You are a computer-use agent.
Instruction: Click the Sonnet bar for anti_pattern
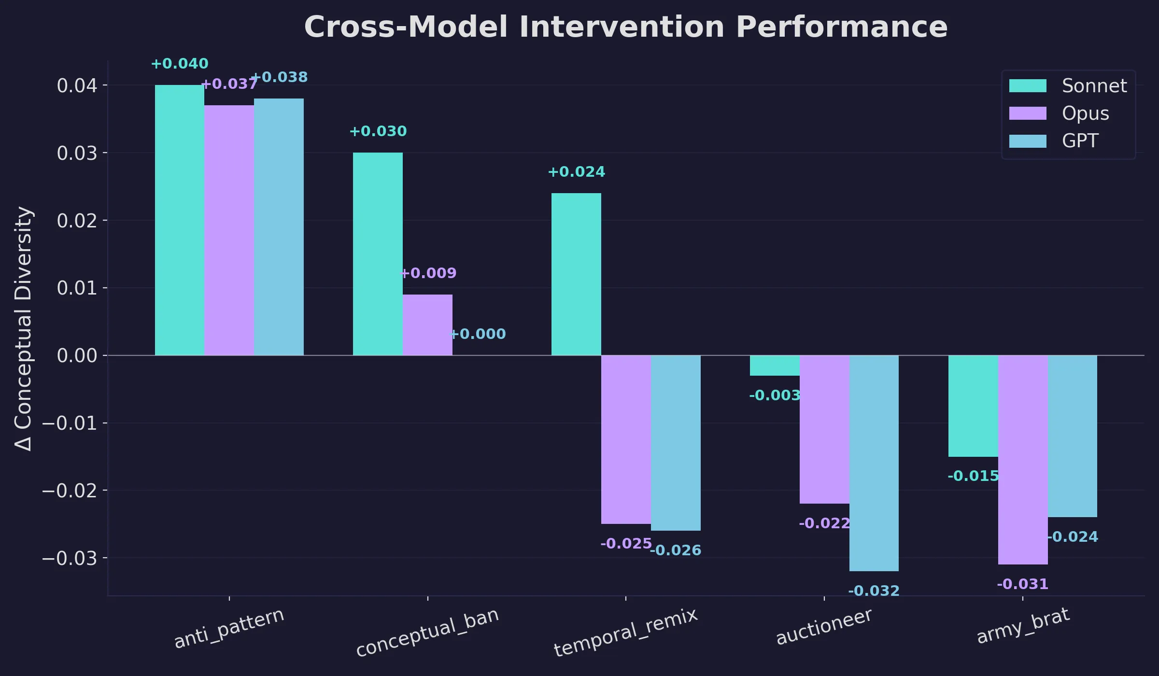[179, 220]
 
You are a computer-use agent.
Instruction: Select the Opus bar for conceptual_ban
[427, 325]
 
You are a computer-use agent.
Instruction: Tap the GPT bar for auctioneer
[874, 463]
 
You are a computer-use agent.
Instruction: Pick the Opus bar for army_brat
[1023, 460]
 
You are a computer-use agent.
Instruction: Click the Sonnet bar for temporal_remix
[576, 274]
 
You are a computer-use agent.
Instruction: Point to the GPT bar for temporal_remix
[676, 443]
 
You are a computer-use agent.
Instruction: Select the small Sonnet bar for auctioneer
[775, 366]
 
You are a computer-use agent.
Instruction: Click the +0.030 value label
[378, 131]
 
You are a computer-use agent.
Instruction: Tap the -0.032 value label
[874, 591]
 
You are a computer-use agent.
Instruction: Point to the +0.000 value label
[478, 334]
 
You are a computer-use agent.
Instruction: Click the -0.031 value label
[1023, 584]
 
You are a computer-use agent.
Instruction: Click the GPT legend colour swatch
[1028, 141]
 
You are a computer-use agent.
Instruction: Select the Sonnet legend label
[1094, 86]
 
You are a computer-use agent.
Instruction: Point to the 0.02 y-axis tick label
[77, 221]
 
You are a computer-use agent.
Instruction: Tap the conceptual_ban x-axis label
[427, 632]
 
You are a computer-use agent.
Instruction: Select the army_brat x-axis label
[1023, 626]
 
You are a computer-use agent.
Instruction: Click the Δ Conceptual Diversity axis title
[23, 328]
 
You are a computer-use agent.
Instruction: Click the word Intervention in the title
[622, 27]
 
